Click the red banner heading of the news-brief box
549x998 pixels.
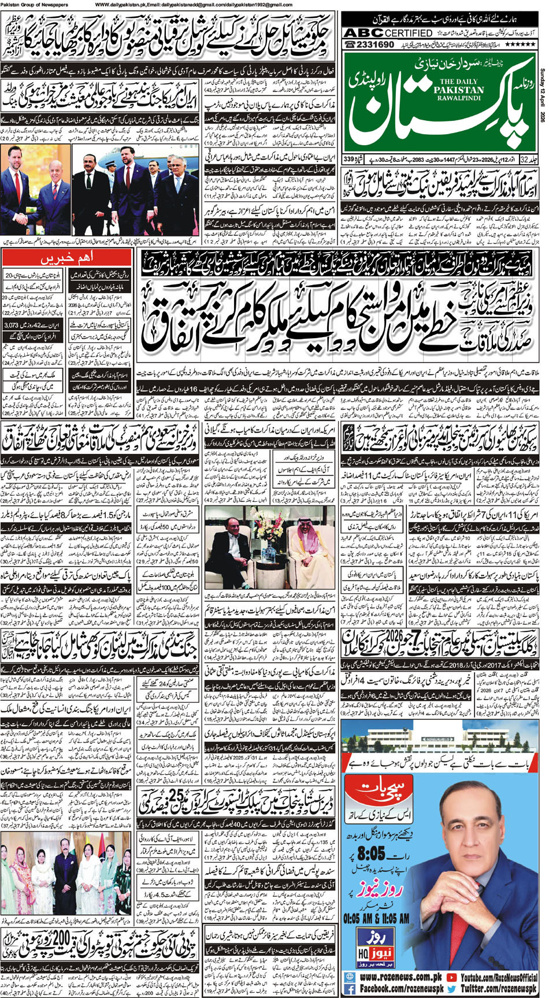pos(68,256)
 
